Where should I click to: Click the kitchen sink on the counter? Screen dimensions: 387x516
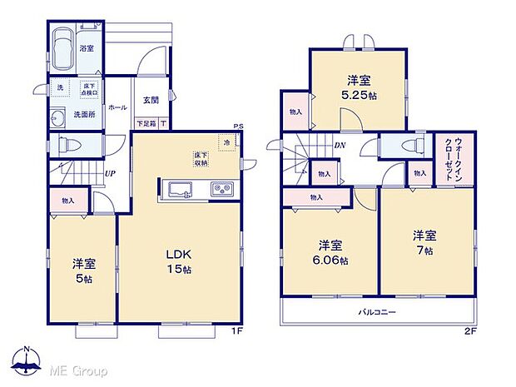(x=181, y=189)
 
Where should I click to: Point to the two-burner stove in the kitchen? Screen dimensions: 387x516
(x=221, y=189)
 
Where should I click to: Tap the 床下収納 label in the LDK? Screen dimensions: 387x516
(x=201, y=159)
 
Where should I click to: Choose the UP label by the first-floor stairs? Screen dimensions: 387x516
(x=109, y=174)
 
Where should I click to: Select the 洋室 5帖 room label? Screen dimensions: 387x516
(x=83, y=270)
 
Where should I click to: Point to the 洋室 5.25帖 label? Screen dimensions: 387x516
(x=359, y=87)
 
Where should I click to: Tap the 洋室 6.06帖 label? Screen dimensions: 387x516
(x=331, y=251)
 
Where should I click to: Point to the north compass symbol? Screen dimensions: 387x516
(x=27, y=360)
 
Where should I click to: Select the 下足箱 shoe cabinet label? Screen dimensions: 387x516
(x=146, y=124)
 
